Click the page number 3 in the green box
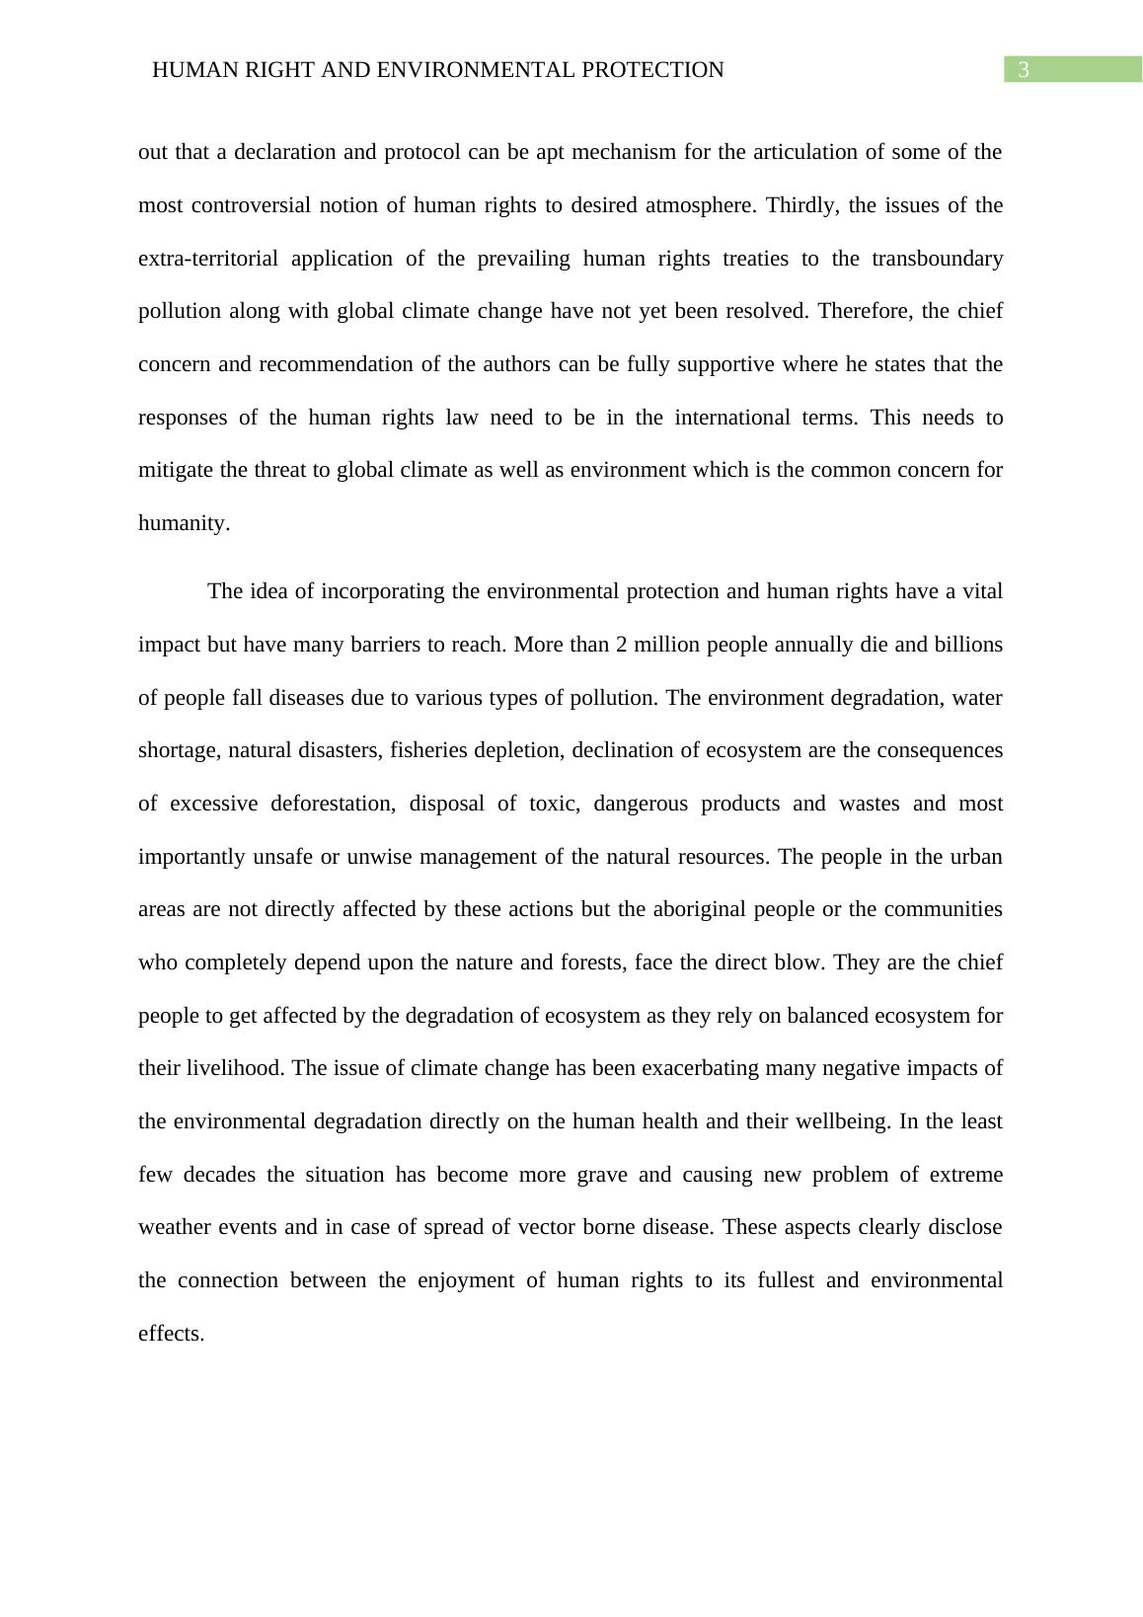coord(1024,70)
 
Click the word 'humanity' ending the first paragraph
coord(182,523)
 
